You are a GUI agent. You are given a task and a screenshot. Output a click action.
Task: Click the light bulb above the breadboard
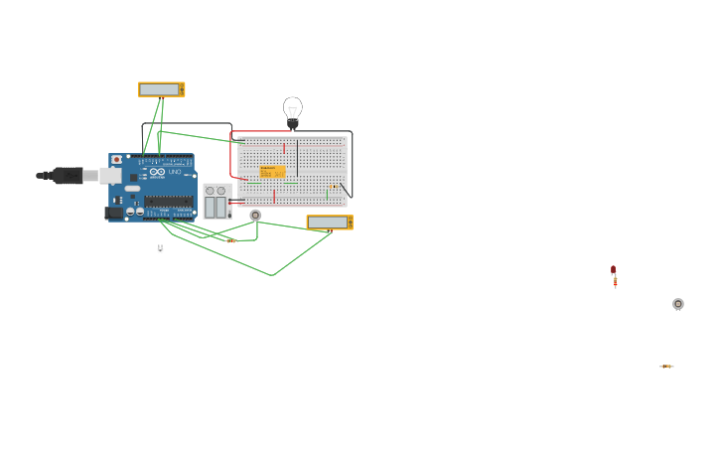292,111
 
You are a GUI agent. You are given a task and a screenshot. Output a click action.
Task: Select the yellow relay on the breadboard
271,172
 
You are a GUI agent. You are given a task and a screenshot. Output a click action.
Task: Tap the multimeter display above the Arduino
160,89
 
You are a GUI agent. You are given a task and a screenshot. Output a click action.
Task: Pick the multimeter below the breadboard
329,223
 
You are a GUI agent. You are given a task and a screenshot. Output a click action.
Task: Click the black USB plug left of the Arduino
67,176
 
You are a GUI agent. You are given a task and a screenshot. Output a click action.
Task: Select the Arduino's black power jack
114,212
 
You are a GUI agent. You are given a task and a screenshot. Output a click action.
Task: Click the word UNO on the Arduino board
175,173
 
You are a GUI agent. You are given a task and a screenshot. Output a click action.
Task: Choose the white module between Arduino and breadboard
216,202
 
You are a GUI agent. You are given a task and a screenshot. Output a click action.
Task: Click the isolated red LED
613,269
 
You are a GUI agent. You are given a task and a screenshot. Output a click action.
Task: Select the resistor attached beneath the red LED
615,283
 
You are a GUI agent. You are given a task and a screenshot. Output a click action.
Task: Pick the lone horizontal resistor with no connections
666,367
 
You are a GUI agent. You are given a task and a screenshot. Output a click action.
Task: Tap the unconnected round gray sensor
678,304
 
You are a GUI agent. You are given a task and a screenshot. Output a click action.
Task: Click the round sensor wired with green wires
255,215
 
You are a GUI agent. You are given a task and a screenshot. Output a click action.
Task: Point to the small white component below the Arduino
160,249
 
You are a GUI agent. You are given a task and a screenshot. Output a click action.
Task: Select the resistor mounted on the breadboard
334,187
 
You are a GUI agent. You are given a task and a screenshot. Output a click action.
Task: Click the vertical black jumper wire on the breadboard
297,157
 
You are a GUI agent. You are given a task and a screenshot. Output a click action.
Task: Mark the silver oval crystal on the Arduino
132,188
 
